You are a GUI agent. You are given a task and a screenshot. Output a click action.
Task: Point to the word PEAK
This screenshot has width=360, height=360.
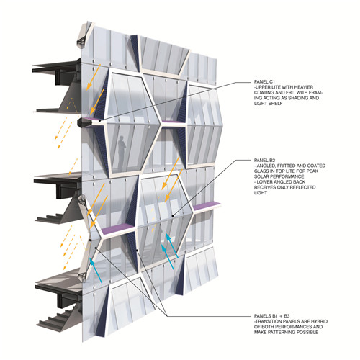coord(312,171)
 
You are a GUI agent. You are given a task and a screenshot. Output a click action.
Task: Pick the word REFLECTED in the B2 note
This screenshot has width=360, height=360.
coord(302,187)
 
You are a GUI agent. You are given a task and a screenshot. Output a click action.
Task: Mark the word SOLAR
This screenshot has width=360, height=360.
coord(261,176)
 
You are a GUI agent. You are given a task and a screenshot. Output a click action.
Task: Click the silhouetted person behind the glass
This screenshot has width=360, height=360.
coord(122,152)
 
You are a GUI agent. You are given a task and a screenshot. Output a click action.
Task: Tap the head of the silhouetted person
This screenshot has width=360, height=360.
coord(122,138)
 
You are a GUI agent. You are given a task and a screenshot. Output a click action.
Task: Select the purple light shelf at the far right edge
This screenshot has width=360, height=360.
coord(207,207)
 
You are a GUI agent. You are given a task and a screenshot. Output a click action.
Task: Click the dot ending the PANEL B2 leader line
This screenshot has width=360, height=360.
coord(173,216)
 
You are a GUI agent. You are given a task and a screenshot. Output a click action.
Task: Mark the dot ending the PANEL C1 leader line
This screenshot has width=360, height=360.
coord(99,121)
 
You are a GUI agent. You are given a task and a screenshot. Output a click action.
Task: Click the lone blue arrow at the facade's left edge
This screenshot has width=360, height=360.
coord(96,271)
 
